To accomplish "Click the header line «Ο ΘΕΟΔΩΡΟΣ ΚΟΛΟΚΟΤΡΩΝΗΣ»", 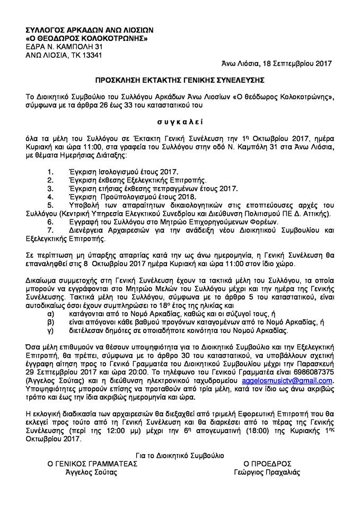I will pyautogui.click(x=86, y=39).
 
